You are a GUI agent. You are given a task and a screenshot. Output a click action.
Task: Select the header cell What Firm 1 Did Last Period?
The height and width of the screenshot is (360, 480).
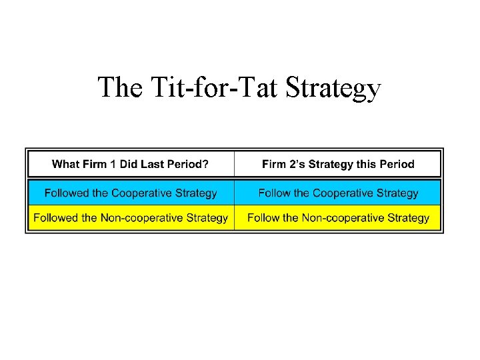131,164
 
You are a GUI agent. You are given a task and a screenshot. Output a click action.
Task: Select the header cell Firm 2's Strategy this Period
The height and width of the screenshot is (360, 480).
338,164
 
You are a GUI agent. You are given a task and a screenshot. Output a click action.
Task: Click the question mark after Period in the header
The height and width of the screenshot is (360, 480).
206,164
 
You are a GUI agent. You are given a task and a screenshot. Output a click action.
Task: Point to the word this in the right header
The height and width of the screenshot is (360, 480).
364,164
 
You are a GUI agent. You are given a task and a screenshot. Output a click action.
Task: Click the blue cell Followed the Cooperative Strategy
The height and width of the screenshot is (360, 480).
131,193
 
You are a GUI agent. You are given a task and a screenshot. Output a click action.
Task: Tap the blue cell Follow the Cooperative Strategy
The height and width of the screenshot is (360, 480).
338,193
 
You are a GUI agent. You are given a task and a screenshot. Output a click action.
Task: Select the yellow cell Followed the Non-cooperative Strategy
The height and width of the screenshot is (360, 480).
131,218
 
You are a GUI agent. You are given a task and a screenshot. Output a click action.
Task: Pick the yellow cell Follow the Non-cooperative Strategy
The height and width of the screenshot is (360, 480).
338,218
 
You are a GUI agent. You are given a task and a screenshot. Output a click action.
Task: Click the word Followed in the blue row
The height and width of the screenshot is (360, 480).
67,193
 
